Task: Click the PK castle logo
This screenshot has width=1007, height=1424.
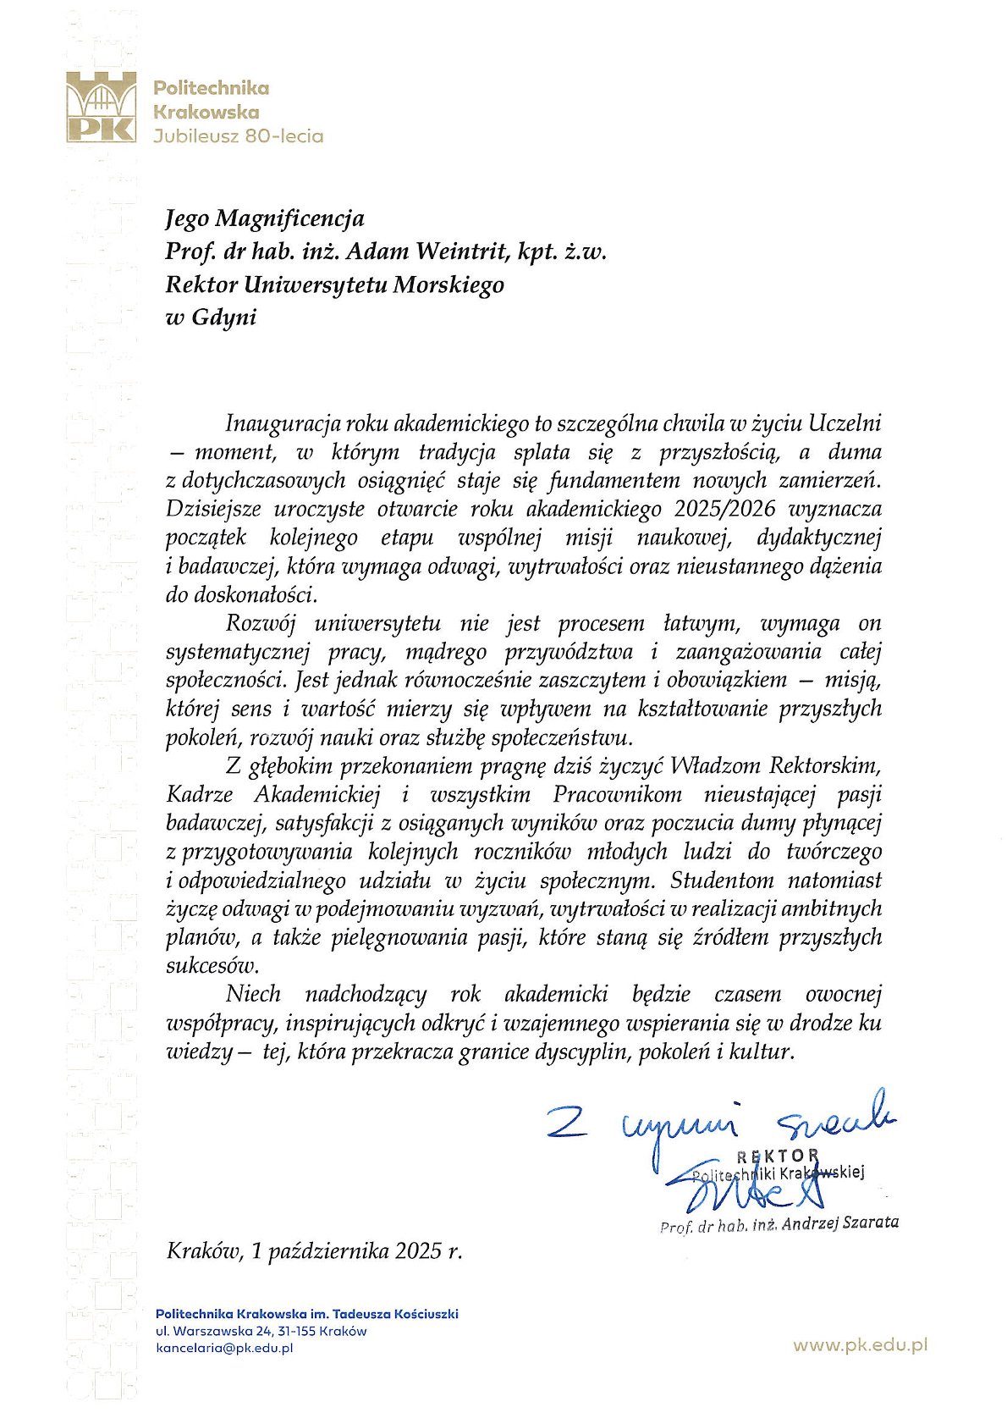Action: pos(102,106)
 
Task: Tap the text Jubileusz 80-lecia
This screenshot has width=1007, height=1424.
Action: pos(238,135)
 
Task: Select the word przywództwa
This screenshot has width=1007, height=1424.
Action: pos(568,652)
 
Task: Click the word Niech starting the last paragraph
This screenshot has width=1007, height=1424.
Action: pos(253,994)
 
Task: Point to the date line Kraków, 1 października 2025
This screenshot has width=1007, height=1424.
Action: pos(314,1250)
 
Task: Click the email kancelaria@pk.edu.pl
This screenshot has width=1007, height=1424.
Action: pos(224,1348)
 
